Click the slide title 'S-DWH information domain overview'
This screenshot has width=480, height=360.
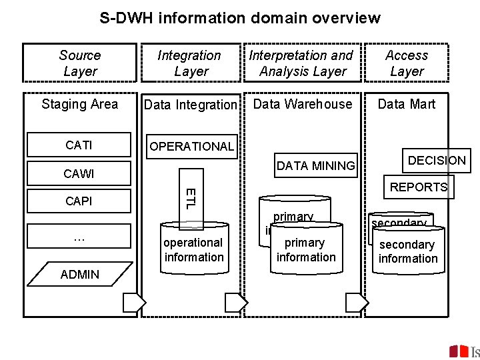240,18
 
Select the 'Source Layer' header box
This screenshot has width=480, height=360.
80,63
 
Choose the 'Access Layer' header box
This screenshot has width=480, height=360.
407,63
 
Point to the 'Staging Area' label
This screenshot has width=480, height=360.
79,104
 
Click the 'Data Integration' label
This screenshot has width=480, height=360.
191,105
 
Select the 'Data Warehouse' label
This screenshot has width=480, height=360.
303,104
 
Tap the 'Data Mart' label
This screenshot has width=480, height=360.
407,104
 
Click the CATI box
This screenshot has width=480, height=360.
79,145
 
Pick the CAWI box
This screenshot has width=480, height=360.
79,174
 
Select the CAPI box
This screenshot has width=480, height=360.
79,201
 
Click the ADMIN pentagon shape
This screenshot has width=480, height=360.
80,274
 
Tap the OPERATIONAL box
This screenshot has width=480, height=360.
191,146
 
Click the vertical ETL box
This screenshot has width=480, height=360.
190,198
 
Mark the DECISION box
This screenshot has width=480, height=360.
437,160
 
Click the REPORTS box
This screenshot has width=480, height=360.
419,187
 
